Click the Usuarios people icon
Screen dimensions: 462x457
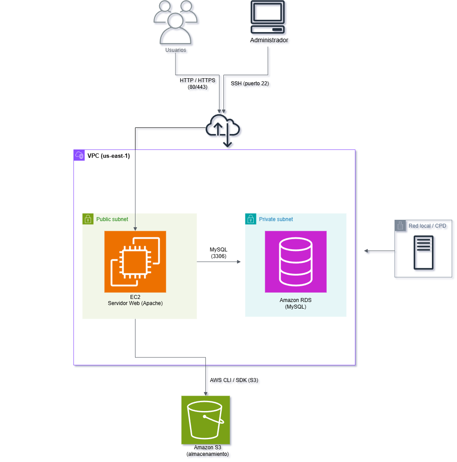(x=175, y=23)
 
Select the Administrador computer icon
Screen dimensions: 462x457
(x=267, y=18)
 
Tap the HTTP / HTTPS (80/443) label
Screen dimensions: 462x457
(x=197, y=84)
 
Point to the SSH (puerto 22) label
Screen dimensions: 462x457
(x=250, y=84)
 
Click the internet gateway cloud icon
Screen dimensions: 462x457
(x=223, y=128)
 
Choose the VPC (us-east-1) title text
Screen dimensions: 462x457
(x=109, y=156)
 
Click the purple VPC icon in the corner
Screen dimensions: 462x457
(x=79, y=155)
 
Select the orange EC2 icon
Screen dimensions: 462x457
(x=135, y=262)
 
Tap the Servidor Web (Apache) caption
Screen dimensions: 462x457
(x=135, y=303)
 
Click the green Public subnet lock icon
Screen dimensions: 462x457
(x=88, y=219)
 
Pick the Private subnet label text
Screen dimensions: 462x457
(x=276, y=219)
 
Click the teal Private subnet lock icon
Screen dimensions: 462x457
(x=251, y=219)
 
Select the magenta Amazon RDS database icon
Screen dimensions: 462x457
(x=296, y=262)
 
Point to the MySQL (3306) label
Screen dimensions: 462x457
(x=219, y=253)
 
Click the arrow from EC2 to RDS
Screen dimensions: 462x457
(x=219, y=262)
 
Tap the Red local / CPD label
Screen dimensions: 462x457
(x=427, y=226)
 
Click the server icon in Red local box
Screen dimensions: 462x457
(x=423, y=252)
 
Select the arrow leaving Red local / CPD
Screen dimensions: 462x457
(x=379, y=251)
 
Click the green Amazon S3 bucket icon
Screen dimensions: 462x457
(x=205, y=420)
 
